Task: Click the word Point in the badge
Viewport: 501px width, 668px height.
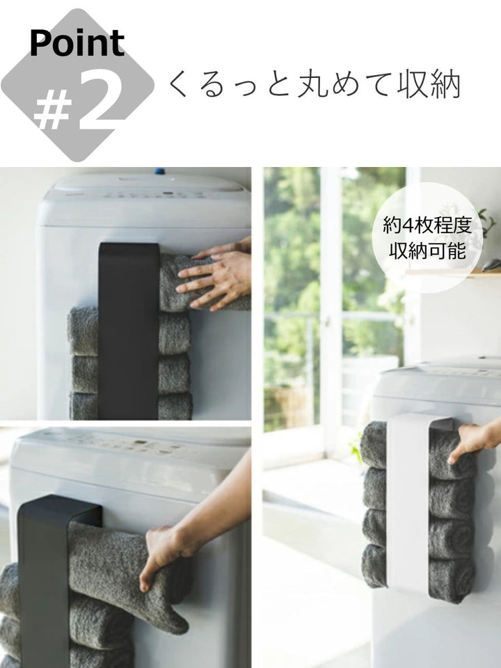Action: click(x=77, y=43)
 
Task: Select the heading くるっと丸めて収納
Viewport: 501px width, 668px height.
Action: click(x=314, y=86)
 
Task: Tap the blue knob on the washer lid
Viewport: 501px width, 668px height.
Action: click(x=159, y=170)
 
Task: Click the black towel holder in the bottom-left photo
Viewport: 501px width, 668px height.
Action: click(x=45, y=578)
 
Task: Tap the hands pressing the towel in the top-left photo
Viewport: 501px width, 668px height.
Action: click(x=216, y=275)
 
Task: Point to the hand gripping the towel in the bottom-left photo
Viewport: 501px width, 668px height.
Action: click(x=164, y=553)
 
